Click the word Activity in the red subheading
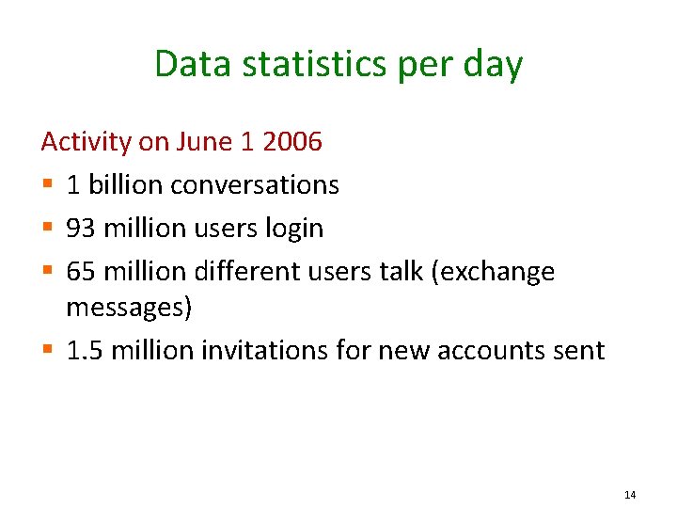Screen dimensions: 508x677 click(87, 142)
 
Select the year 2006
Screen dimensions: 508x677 click(292, 142)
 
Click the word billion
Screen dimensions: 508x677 click(121, 184)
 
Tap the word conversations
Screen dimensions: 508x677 click(255, 184)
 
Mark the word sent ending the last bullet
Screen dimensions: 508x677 click(579, 351)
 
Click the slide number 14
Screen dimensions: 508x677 click(630, 495)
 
